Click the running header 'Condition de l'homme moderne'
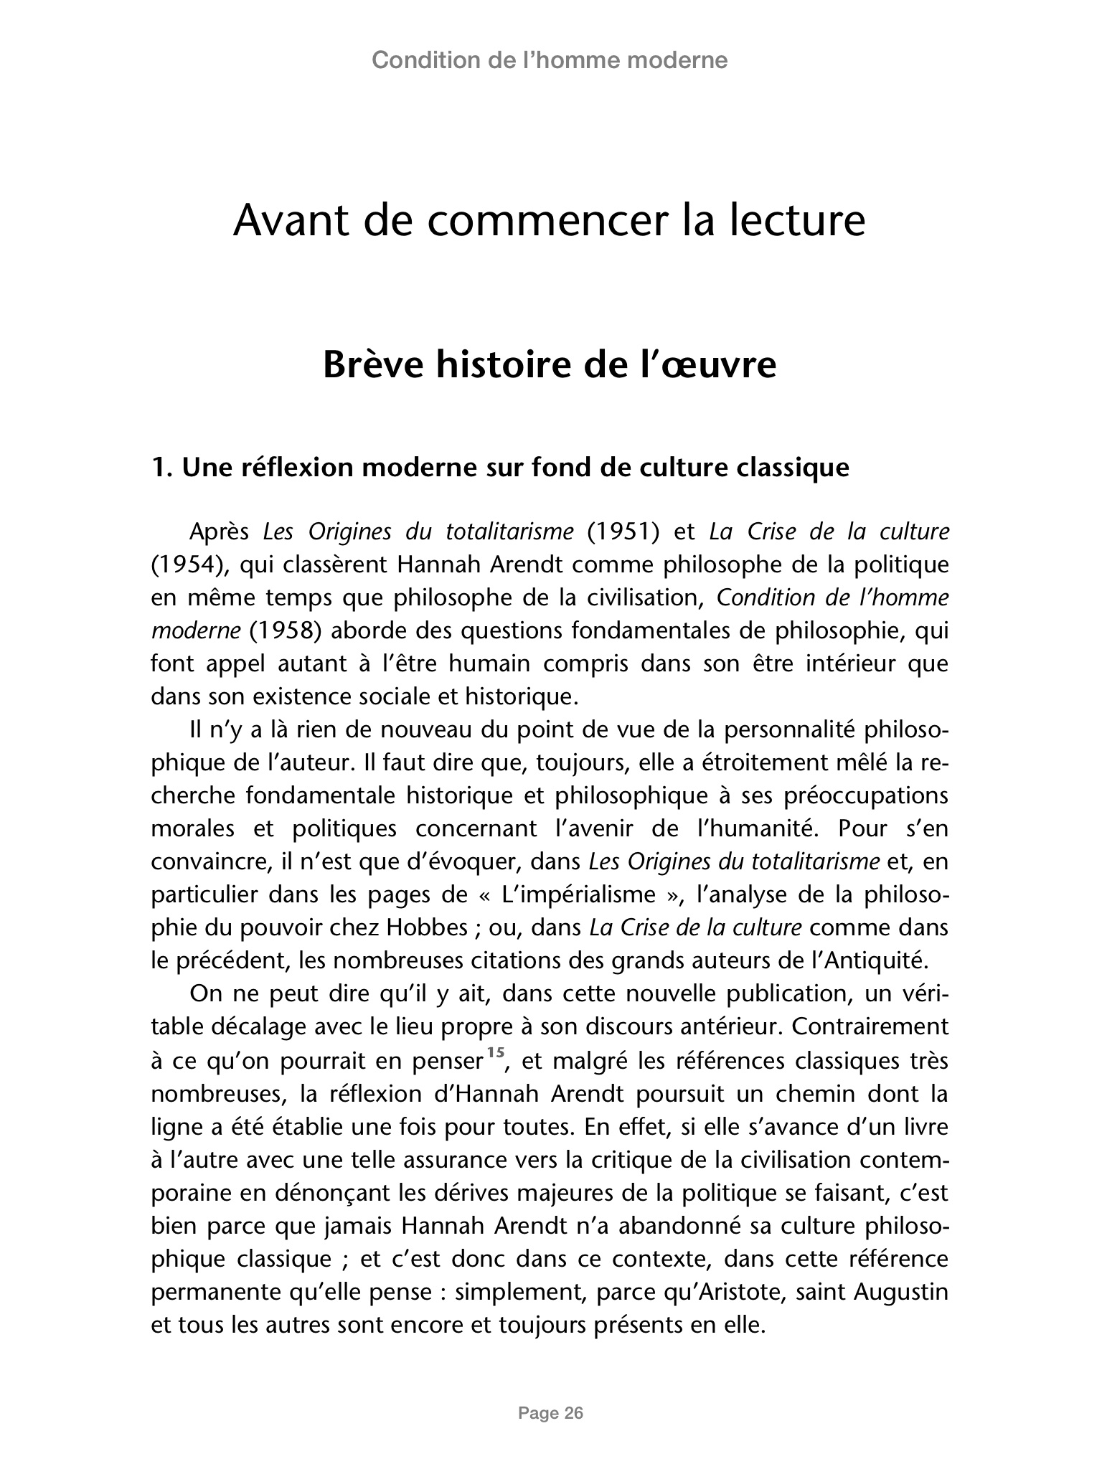(x=550, y=60)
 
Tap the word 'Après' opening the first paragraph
(x=219, y=532)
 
